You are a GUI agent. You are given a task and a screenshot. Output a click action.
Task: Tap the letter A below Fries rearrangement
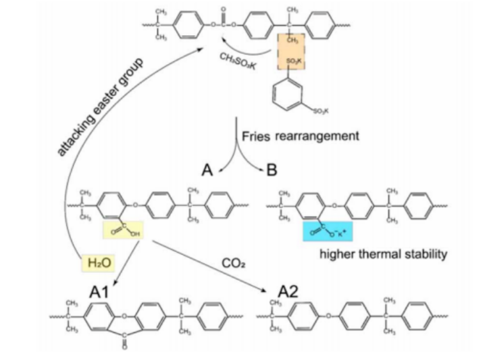pos(207,171)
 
